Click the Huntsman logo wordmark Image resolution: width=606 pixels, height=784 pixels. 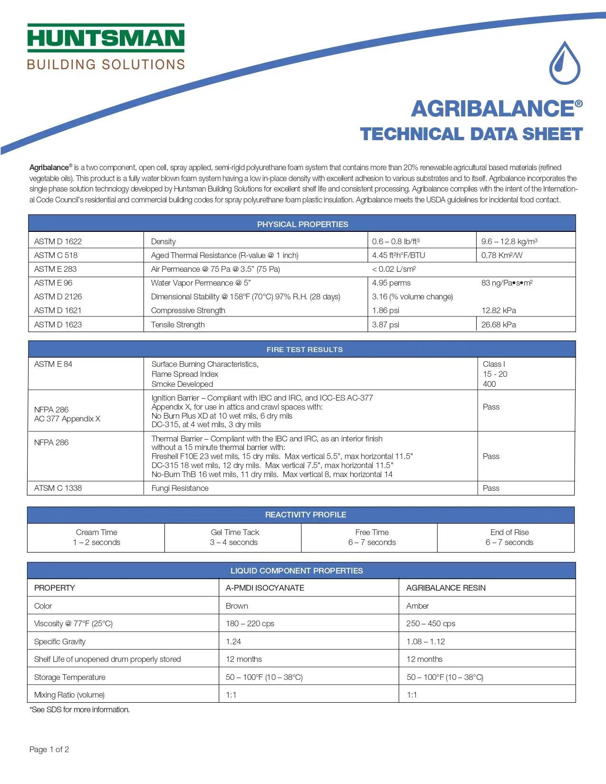106,38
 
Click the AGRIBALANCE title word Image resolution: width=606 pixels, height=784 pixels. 493,109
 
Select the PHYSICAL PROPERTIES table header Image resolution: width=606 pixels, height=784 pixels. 302,224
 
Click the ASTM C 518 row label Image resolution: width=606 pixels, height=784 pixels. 56,255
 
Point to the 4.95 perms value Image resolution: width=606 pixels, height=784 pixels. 391,283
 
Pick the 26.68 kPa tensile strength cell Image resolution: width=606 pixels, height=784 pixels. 499,325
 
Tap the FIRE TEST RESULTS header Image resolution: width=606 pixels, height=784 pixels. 304,349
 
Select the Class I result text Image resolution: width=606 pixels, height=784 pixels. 493,364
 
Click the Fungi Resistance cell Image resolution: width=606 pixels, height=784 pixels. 180,488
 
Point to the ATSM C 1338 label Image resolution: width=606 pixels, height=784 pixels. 58,488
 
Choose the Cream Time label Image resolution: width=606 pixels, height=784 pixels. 96,532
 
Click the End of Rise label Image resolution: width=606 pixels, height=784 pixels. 510,532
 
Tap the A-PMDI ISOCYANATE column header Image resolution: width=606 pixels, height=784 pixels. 265,588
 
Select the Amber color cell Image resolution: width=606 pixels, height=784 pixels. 417,606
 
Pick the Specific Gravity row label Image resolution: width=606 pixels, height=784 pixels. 60,641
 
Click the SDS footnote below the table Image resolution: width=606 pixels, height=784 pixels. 79,709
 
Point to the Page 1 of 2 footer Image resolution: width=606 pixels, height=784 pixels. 49,749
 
